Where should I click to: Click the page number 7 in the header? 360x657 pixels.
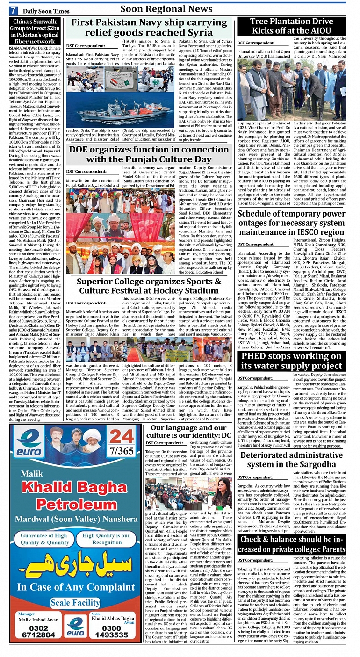[x=14, y=10]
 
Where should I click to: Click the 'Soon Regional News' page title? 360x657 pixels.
[x=166, y=9]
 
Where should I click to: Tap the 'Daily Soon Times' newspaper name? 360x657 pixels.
[x=46, y=11]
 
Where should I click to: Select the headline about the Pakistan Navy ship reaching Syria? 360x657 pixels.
[x=149, y=27]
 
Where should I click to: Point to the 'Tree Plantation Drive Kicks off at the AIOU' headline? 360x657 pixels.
[x=291, y=26]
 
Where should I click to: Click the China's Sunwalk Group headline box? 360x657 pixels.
[x=35, y=31]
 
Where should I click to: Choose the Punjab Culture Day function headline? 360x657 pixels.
[x=149, y=154]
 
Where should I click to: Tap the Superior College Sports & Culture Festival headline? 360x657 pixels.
[x=149, y=286]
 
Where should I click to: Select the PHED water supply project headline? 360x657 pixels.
[x=291, y=361]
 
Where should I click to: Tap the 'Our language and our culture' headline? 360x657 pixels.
[x=190, y=432]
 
